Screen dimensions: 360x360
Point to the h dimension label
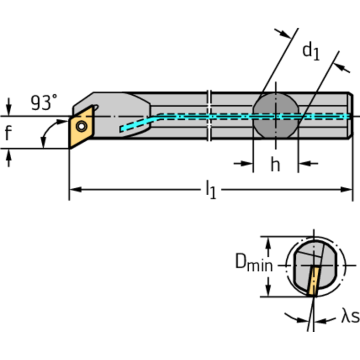coord(275,164)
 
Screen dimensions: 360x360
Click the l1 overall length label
coord(211,190)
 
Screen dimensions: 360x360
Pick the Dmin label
coord(253,264)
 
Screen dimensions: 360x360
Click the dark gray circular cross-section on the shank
coord(276,116)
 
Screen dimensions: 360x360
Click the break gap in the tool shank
coord(210,115)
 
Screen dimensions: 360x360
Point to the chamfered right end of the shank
coord(350,115)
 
